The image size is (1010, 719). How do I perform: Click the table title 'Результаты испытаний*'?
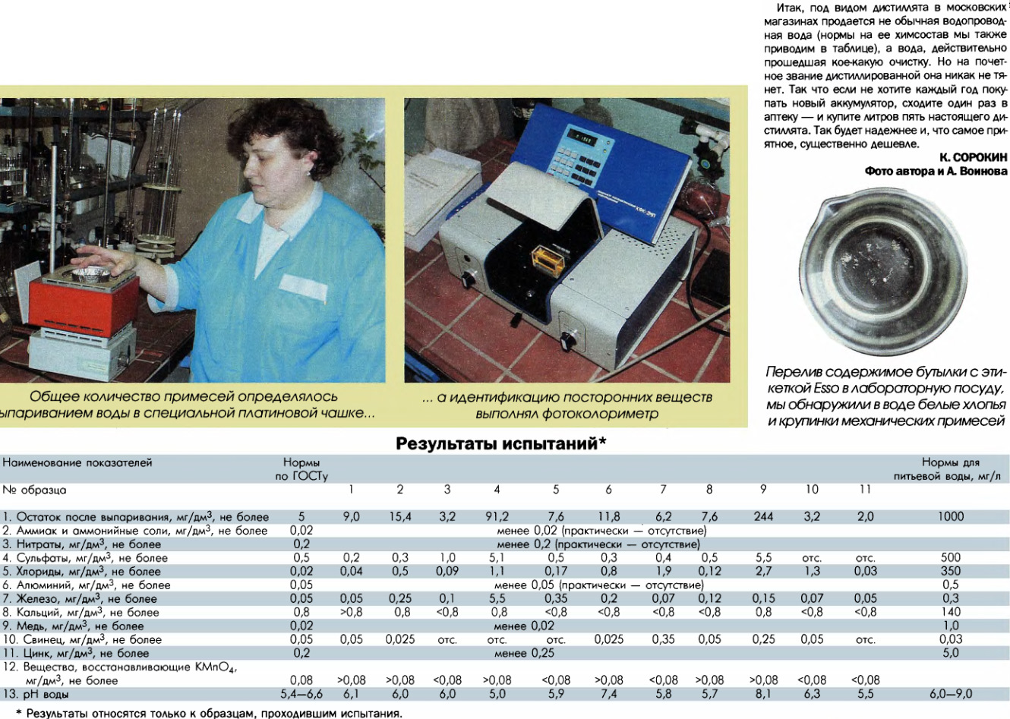pyautogui.click(x=500, y=444)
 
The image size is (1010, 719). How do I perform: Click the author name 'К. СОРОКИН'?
pyautogui.click(x=973, y=157)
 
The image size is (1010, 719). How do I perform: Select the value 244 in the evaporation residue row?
pyautogui.click(x=763, y=516)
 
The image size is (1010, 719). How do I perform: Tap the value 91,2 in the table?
pyautogui.click(x=497, y=516)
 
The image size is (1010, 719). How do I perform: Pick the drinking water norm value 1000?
pyautogui.click(x=950, y=516)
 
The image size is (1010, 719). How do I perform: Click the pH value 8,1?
pyautogui.click(x=763, y=693)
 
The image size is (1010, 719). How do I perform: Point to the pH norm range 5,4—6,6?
pyautogui.click(x=301, y=693)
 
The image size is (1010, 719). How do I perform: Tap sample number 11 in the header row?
pyautogui.click(x=865, y=489)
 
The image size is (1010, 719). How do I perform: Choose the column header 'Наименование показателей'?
pyautogui.click(x=77, y=462)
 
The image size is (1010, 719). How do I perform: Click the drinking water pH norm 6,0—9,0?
pyautogui.click(x=950, y=693)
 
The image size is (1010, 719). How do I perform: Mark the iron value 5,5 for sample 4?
pyautogui.click(x=497, y=598)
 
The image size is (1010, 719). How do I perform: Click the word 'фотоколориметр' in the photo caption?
pyautogui.click(x=607, y=414)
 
